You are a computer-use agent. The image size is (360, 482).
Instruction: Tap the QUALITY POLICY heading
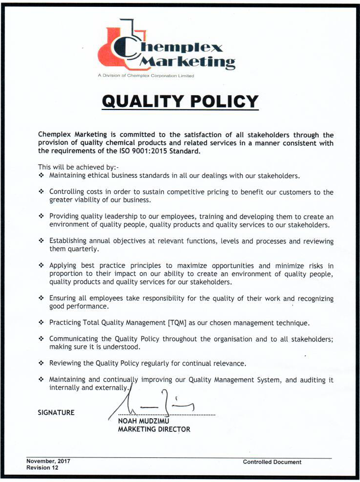pos(180,101)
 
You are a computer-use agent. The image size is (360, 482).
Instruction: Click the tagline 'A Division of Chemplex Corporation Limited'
pos(146,76)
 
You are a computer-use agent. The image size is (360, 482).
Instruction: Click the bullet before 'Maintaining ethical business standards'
pos(42,175)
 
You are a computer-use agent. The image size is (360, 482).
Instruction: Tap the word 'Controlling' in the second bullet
pos(68,192)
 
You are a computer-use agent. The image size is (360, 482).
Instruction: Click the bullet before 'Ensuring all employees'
pos(42,298)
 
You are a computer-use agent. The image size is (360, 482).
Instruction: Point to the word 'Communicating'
pos(74,339)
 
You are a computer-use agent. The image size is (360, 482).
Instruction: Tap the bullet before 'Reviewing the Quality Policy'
pos(42,363)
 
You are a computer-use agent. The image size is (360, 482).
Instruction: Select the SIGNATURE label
pos(56,413)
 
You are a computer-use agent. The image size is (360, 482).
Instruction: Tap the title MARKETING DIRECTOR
pos(154,429)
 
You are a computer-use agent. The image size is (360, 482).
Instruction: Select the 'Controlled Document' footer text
pos(272,462)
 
